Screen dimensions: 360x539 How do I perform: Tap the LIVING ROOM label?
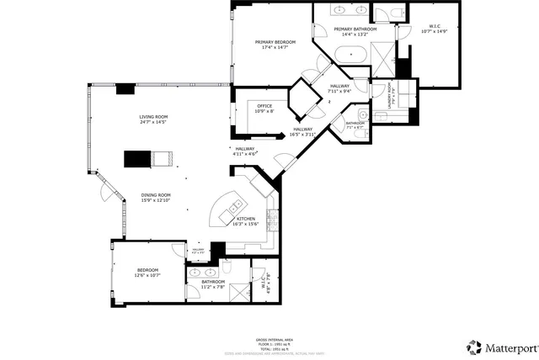pyautogui.click(x=153, y=117)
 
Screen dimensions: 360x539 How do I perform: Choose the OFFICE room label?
pyautogui.click(x=264, y=106)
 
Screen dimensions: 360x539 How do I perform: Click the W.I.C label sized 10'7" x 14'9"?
pyautogui.click(x=435, y=27)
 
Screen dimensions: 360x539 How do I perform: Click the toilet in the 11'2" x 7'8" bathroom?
pyautogui.click(x=226, y=269)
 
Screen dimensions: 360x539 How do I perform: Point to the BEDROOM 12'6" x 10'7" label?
pyautogui.click(x=147, y=270)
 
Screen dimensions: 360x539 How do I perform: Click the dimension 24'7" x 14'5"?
pyautogui.click(x=153, y=123)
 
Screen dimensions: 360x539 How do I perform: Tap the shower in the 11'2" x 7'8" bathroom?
pyautogui.click(x=240, y=293)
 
